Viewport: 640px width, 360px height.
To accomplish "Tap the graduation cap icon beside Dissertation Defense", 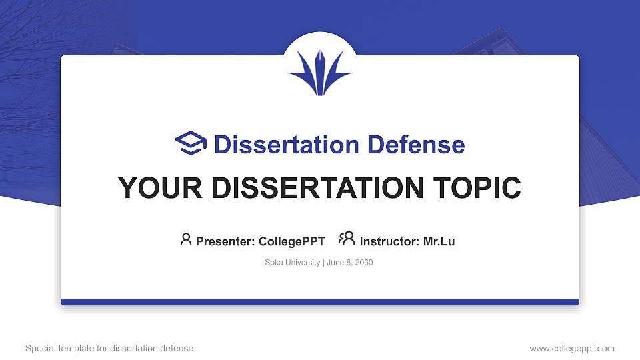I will click(191, 144).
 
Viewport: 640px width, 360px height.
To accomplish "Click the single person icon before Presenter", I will click(186, 239).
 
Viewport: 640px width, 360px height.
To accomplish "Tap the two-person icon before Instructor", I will click(347, 239).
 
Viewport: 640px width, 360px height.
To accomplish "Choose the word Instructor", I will click(389, 241).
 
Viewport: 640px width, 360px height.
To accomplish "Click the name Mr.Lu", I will click(439, 241).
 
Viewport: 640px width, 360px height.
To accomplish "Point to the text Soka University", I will click(293, 263).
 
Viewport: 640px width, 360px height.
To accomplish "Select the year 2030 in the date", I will click(363, 263).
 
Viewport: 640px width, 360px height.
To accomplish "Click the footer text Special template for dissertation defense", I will click(109, 348).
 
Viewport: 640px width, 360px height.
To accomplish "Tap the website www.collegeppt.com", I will click(572, 348).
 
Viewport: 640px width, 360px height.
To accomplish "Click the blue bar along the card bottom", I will click(320, 302).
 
